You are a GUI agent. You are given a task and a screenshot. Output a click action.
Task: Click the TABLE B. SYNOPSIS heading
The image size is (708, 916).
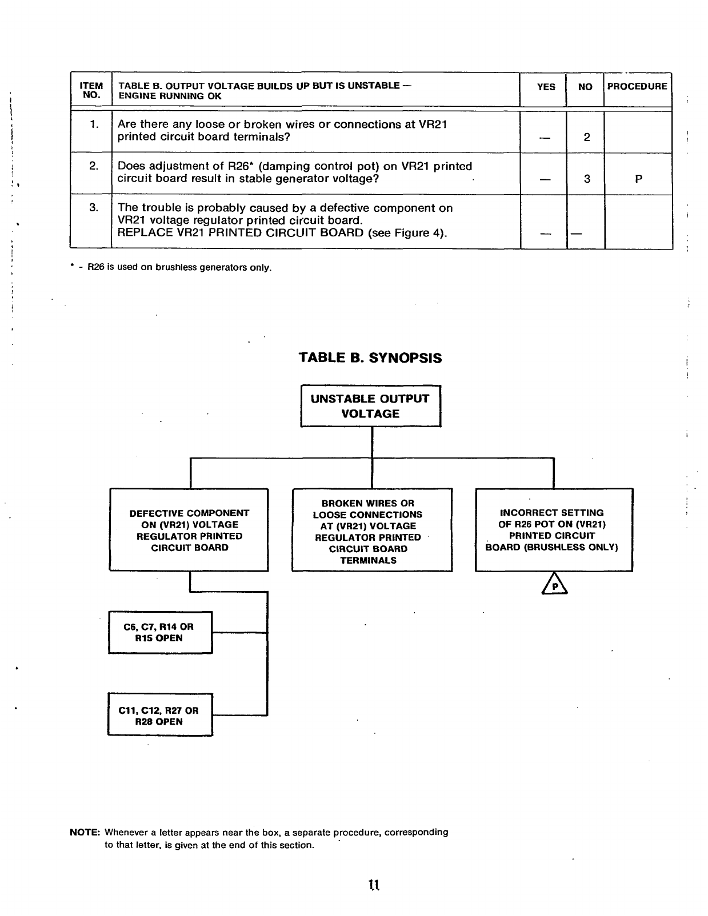[370, 358]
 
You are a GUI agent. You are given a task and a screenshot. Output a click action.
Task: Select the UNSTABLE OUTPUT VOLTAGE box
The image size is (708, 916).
[370, 406]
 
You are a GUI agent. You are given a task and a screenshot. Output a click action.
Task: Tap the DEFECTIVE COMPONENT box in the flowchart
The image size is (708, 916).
[189, 530]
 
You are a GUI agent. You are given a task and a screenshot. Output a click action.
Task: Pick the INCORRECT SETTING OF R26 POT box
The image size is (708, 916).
[553, 529]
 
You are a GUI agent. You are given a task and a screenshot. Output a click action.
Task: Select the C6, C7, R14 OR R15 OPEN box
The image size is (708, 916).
[160, 632]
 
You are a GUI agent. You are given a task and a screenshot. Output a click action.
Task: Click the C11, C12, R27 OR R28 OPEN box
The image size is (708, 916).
[160, 715]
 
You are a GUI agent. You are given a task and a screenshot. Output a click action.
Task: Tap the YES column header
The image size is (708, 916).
[546, 87]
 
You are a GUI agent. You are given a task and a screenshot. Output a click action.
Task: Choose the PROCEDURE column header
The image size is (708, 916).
[637, 87]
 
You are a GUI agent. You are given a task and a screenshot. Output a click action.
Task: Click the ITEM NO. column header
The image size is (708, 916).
[91, 91]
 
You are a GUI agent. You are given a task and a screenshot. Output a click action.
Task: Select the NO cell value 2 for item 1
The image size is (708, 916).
[586, 138]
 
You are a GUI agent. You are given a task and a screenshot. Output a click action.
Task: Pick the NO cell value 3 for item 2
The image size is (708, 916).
[586, 179]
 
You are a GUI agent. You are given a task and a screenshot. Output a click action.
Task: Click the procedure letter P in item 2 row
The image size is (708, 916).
[638, 179]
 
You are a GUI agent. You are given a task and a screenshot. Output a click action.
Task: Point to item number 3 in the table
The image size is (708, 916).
[94, 208]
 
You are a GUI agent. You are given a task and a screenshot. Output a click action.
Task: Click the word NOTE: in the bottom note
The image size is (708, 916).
[85, 833]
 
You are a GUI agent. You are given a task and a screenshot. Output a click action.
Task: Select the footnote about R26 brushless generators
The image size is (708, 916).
[171, 267]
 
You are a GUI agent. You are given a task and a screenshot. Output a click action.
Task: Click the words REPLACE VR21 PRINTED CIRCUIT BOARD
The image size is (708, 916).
[241, 233]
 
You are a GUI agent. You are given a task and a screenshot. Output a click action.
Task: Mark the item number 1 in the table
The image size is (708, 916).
[94, 124]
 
